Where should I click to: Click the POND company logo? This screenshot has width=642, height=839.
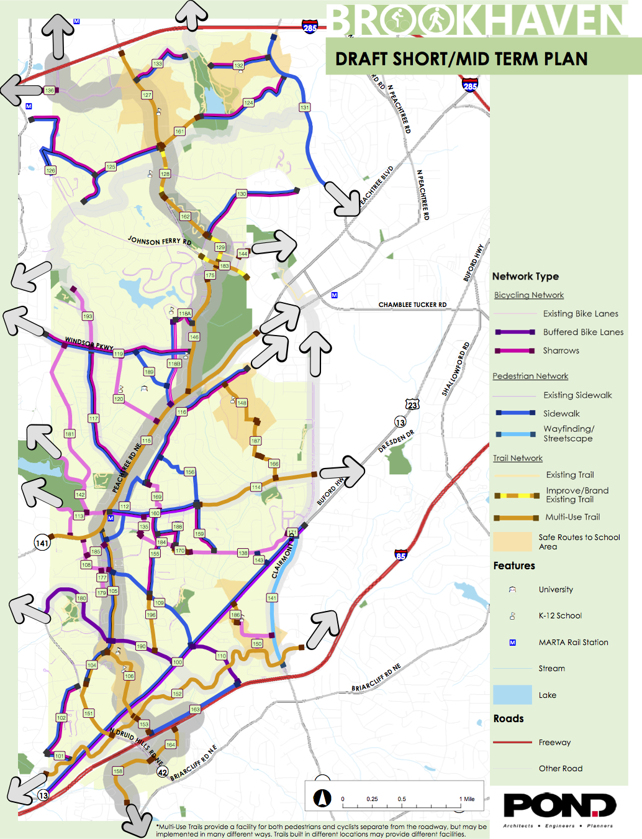[559, 806]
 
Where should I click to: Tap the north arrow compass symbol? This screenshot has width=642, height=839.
[321, 797]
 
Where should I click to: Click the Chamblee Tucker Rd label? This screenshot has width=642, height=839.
[412, 305]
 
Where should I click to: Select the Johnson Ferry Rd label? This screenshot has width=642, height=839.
[160, 241]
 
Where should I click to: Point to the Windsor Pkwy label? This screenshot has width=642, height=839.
[89, 343]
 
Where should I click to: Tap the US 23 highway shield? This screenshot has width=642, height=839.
[412, 405]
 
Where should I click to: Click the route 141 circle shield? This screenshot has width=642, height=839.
[42, 543]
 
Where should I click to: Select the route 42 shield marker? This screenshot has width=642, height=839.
[162, 772]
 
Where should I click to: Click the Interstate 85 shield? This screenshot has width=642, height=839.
[401, 554]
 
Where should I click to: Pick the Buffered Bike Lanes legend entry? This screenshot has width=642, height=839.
[583, 332]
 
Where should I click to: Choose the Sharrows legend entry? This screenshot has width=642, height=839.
[561, 351]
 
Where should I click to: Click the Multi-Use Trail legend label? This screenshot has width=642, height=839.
[572, 517]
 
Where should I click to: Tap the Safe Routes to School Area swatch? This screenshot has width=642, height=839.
[513, 541]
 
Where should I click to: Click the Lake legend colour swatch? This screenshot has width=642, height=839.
[513, 695]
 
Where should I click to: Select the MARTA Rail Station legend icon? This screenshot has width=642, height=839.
[513, 643]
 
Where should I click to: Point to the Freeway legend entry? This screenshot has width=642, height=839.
[554, 742]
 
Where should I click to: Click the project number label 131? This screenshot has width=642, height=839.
[304, 108]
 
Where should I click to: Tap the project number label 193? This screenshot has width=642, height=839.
[88, 316]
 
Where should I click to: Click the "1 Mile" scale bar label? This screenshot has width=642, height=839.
[467, 799]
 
